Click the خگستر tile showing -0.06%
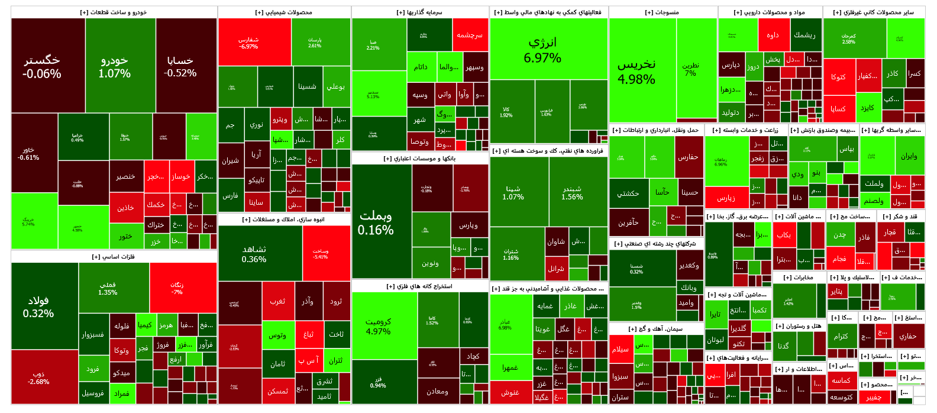point(42,66)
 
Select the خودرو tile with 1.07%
point(115,66)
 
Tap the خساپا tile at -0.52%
point(180,66)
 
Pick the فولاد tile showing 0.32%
point(38,306)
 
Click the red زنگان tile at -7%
point(177,288)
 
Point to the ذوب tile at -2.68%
point(38,377)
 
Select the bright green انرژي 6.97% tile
point(542,50)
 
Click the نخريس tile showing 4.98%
point(636,71)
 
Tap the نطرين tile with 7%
point(690,69)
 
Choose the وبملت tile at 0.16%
point(376,222)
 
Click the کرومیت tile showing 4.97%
point(379,326)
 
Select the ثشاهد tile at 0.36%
point(254,254)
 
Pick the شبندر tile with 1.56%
point(572,192)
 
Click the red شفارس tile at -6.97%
point(248,43)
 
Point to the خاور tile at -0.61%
point(28,153)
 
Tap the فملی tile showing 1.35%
point(108,288)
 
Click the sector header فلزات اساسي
point(114,257)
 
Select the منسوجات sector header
point(663,12)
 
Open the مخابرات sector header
point(799,277)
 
